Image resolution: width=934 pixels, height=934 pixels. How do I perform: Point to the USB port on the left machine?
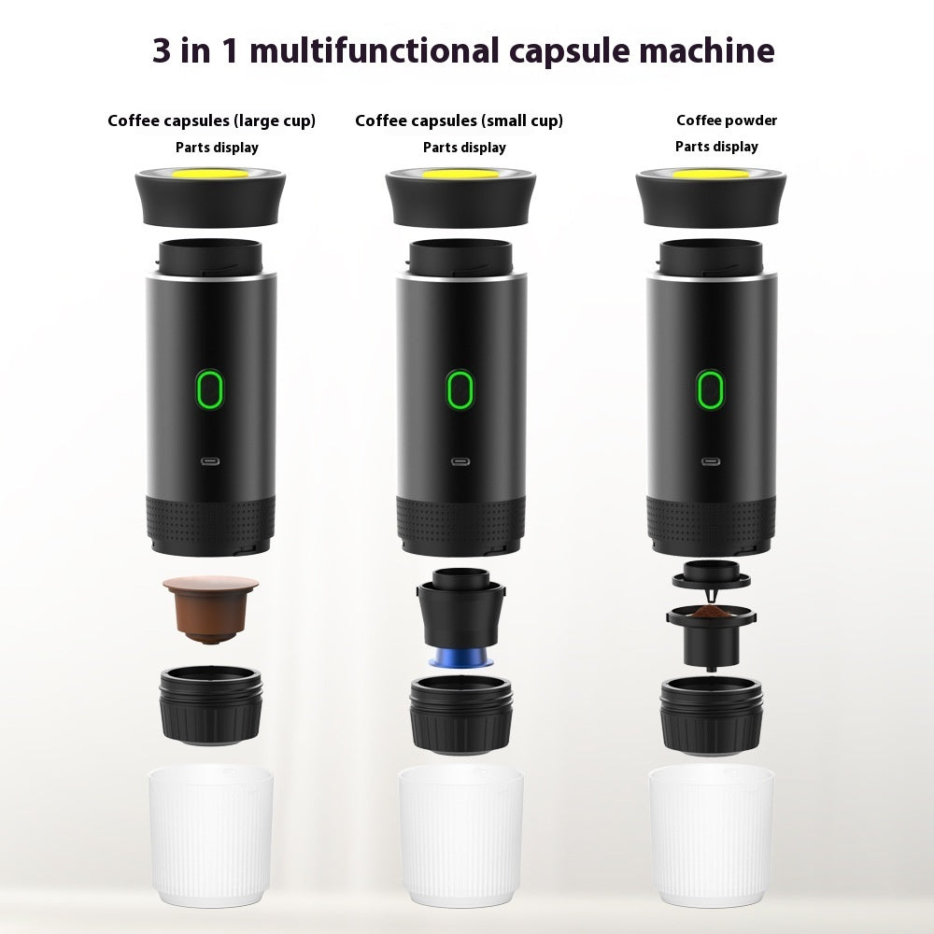point(211,460)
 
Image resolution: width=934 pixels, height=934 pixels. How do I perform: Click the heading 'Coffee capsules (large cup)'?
point(211,120)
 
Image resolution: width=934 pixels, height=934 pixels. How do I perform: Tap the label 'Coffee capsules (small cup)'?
point(459,120)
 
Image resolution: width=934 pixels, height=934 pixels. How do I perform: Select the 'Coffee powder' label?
point(727,120)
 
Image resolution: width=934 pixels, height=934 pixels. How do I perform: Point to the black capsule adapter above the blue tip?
point(458,613)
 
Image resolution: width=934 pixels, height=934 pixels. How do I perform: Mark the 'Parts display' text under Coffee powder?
point(716,147)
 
